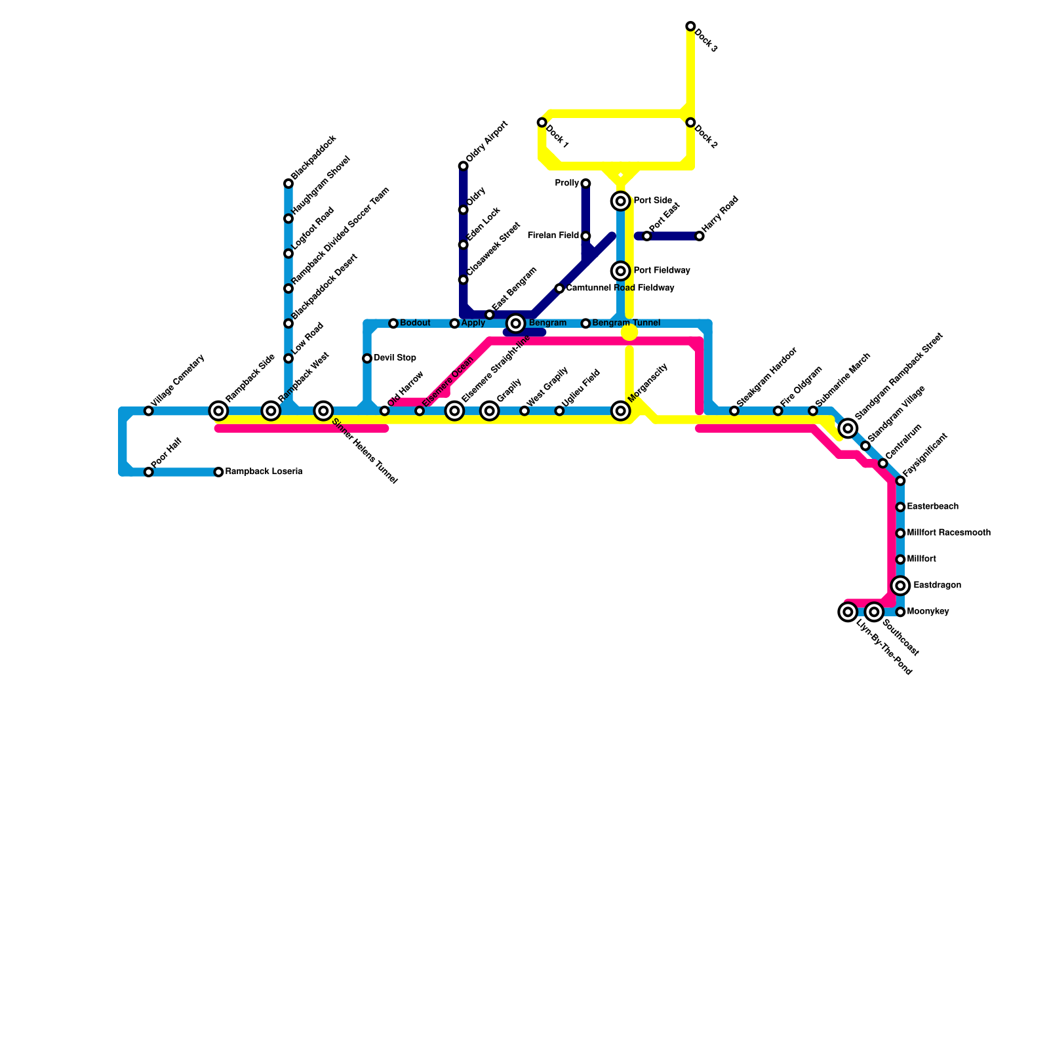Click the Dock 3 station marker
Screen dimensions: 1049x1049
(690, 26)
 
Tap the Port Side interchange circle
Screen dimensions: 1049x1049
(620, 201)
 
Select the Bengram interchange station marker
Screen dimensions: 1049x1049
(516, 323)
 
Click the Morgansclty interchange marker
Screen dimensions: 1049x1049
(620, 411)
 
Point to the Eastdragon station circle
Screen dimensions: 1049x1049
(901, 585)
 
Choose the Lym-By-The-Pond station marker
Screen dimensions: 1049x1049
(848, 612)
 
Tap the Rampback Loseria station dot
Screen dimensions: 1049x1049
(219, 472)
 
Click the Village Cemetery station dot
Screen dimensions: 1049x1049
(149, 411)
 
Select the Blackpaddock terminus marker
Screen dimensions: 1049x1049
(288, 184)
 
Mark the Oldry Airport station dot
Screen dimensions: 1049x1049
(463, 166)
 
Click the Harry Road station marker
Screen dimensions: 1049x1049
(700, 236)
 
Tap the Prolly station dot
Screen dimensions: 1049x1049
(585, 184)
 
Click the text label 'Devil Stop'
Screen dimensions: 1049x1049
(395, 358)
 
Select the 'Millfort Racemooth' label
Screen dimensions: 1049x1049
(948, 533)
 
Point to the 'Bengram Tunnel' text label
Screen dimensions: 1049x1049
(625, 323)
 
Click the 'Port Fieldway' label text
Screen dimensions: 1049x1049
(662, 271)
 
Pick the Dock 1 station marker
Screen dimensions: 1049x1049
(542, 123)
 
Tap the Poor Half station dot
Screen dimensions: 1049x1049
(149, 472)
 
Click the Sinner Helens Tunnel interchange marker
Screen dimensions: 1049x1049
(323, 411)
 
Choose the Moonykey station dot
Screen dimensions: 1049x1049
(901, 612)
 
